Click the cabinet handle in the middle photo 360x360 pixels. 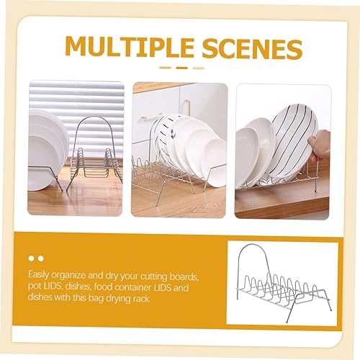(x=186, y=108)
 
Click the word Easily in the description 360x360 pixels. (x=38, y=275)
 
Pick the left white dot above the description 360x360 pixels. (x=32, y=258)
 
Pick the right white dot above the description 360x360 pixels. (x=41, y=258)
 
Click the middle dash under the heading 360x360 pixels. (x=181, y=68)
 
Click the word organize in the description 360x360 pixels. (x=68, y=276)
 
